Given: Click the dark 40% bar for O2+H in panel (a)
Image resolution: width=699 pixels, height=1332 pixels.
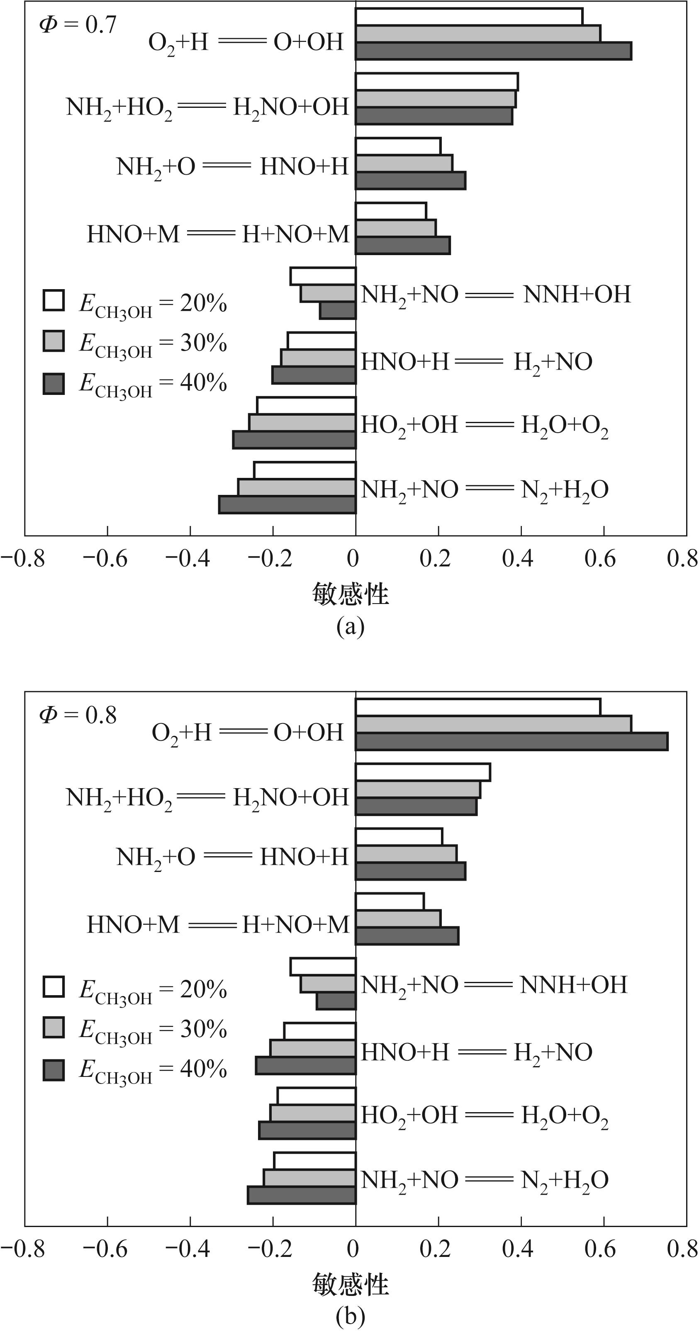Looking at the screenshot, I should coord(493,51).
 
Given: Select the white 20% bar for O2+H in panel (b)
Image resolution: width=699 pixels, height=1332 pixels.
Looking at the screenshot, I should coord(478,707).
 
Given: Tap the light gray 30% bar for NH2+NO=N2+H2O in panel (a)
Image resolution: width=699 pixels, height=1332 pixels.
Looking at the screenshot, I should coord(297,487).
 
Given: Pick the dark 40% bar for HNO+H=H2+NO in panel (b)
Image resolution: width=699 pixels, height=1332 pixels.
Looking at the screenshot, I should coord(306,1066).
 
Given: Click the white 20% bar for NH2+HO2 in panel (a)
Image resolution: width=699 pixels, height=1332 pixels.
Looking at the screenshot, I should coord(436,82).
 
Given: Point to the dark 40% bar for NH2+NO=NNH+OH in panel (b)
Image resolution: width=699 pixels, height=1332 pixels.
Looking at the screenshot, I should coord(336,1001).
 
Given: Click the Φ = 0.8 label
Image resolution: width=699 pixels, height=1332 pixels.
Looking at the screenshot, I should coord(78,715).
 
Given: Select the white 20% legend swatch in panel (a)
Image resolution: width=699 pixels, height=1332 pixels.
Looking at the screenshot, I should coord(54,300).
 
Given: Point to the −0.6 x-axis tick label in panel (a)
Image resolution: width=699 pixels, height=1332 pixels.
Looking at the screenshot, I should coord(105,559).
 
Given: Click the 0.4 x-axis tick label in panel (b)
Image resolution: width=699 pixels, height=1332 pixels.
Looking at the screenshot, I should coord(518,1249).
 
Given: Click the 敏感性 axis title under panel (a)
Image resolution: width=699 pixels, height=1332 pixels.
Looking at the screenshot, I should coord(350,594).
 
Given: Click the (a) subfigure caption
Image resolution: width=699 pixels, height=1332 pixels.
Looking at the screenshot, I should coord(350,626).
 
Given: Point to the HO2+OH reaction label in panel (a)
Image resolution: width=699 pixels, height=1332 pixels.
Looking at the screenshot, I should coord(484,426).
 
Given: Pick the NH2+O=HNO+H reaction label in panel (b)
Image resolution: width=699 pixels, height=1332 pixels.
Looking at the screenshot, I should coord(232,857).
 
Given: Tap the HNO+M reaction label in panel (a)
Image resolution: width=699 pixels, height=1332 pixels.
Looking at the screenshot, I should coord(218,234).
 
